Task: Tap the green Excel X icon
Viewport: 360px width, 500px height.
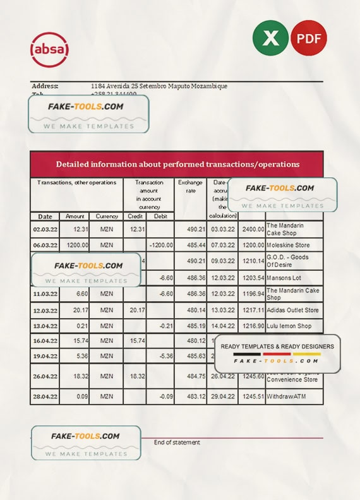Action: (270, 38)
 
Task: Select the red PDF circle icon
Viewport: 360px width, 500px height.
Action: (309, 38)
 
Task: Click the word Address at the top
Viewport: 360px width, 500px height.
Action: (45, 86)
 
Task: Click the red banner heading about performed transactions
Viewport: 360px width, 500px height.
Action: (177, 164)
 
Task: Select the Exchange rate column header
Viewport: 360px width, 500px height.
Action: (190, 187)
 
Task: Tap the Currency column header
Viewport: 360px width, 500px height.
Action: (107, 216)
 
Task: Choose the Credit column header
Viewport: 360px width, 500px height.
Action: (135, 216)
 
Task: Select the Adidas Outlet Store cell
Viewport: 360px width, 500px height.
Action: (292, 311)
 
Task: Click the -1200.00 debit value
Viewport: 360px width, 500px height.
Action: (161, 245)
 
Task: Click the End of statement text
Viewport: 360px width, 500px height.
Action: (177, 443)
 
